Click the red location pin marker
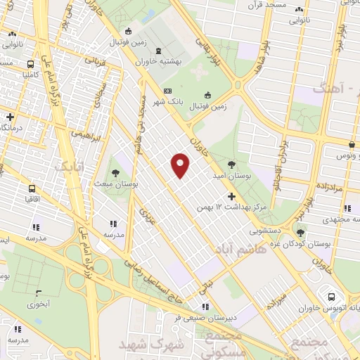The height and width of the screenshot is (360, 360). click(x=181, y=166)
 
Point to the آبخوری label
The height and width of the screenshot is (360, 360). click(x=38, y=304)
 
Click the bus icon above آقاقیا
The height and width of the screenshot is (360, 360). click(x=32, y=189)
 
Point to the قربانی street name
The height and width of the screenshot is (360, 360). click(x=95, y=68)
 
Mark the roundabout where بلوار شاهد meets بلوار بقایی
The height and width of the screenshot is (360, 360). click(x=240, y=87)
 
